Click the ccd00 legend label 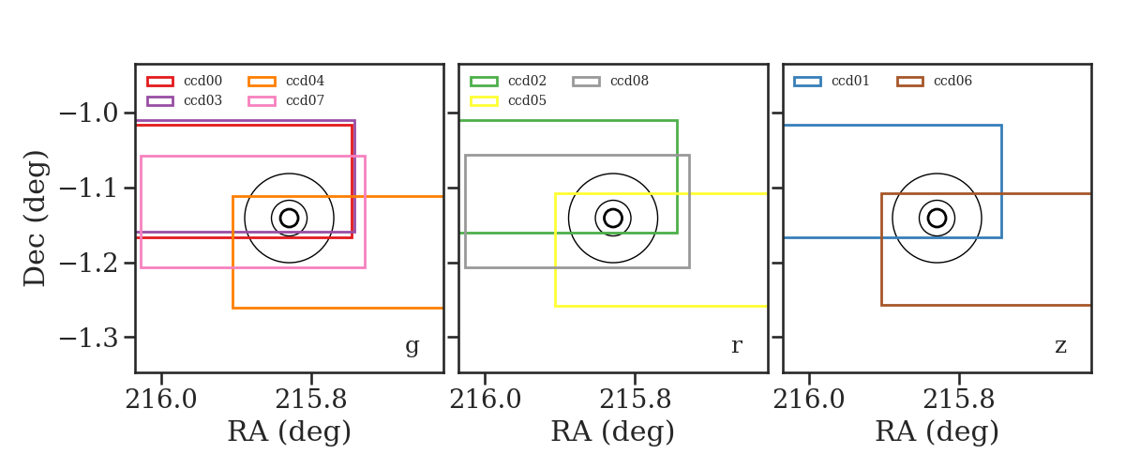pos(202,81)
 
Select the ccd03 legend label pos(202,100)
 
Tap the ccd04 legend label pos(305,81)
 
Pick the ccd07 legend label pos(305,100)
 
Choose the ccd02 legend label pos(527,81)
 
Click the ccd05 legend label pos(527,100)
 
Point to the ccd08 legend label pos(629,81)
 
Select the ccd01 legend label pos(850,81)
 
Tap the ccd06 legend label pos(952,81)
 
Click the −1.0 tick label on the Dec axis pos(89,113)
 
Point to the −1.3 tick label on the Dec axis pos(89,338)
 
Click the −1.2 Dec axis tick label pos(89,263)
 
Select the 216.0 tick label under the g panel pos(160,400)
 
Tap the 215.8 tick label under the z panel pos(959,400)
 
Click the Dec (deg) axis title pos(36,219)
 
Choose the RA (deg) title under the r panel pos(613,432)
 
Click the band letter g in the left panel pos(412,347)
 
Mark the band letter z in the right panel pos(1060,346)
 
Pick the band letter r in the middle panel pos(736,346)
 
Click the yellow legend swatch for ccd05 pos(484,101)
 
